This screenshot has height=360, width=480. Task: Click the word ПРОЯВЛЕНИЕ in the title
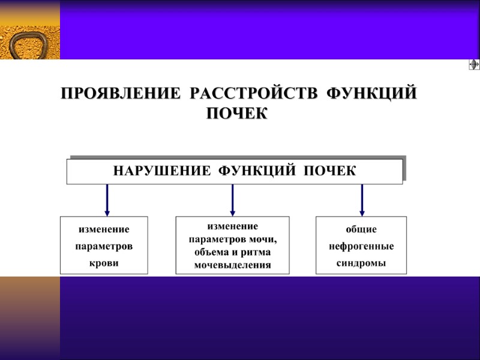pos(121,95)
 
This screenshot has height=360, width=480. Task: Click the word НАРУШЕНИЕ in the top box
pos(161,171)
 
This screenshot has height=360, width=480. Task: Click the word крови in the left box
pos(104,263)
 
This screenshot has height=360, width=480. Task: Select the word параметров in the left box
pos(104,247)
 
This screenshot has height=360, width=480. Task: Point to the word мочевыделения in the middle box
pos(232,265)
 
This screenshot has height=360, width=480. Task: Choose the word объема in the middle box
pos(208,252)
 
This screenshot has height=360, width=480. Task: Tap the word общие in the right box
pos(361,230)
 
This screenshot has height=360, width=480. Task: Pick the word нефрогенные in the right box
pos(361,247)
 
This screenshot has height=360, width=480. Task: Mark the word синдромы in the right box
pos(361,263)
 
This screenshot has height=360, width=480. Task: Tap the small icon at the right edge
pos(473,65)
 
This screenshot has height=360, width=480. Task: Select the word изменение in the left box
pos(104,230)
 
